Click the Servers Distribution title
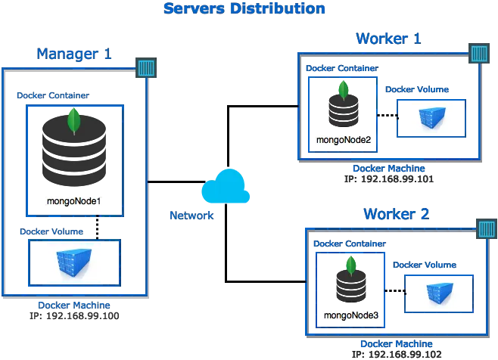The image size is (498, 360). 244,8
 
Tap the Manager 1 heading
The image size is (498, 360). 74,54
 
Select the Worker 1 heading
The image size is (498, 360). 388,39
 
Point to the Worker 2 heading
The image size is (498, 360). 396,214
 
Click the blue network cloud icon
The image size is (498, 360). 226,186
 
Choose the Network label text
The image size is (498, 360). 191,216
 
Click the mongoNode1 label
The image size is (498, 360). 73,201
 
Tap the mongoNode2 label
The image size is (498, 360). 344,140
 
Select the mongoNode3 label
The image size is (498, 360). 351,315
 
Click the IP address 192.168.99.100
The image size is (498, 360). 82,316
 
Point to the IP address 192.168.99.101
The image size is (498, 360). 397,179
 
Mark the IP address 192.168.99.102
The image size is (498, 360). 405,354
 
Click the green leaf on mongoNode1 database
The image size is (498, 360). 74,121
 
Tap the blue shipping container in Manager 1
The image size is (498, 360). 73,262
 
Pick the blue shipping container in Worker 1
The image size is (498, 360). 432,118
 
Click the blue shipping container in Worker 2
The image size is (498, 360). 440,293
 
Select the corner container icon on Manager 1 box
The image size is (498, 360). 146,67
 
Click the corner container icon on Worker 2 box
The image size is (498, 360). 487,228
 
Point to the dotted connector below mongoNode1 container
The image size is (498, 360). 97,228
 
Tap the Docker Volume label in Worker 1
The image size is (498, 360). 417,89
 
